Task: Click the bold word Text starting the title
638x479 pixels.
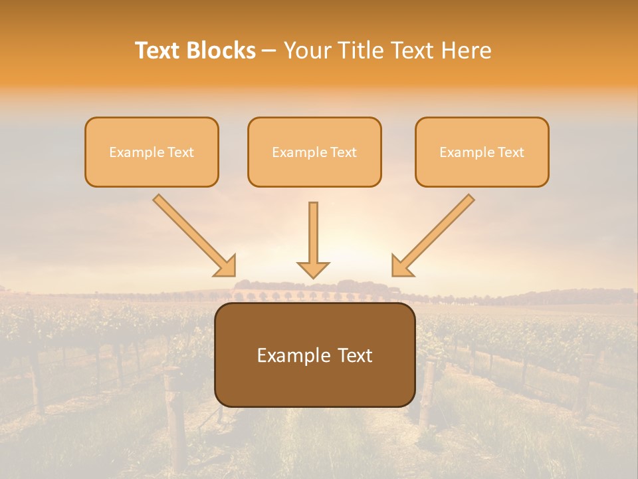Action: (x=159, y=51)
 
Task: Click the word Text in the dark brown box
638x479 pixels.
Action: (x=352, y=356)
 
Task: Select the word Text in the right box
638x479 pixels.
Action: (x=510, y=152)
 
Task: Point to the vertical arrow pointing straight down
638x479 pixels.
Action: (x=313, y=233)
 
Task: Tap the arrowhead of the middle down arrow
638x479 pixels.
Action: (x=313, y=269)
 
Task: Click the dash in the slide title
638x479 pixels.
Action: (x=269, y=51)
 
